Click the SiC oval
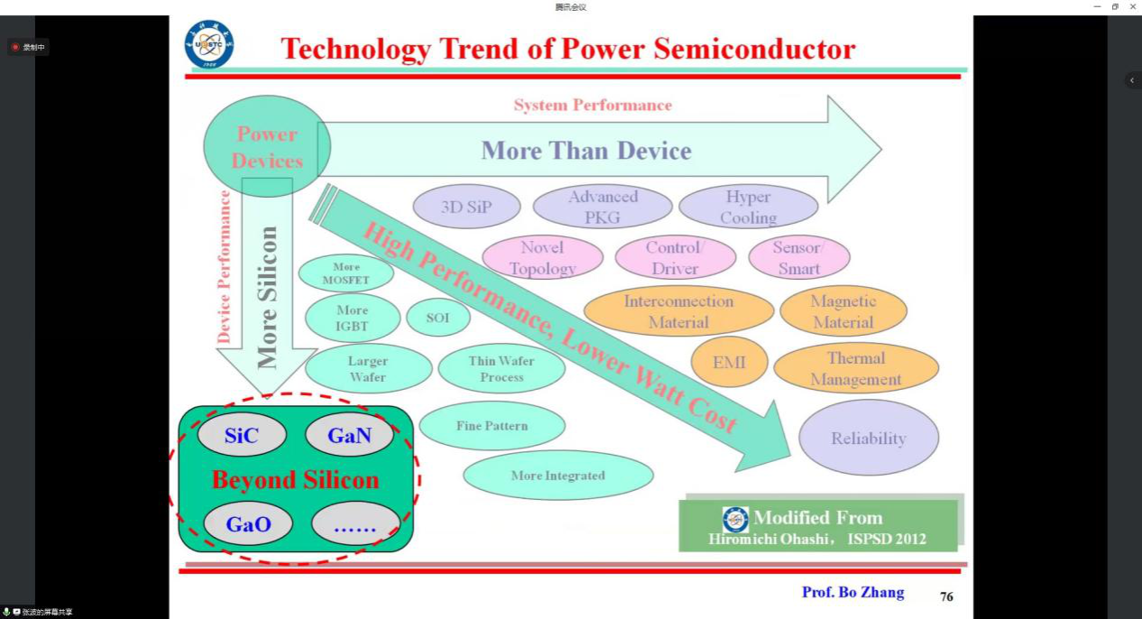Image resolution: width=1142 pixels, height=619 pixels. [242, 435]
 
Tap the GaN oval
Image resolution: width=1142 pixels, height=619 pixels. [349, 435]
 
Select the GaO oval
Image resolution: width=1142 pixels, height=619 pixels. [248, 523]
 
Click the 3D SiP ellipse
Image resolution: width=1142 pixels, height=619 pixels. [466, 207]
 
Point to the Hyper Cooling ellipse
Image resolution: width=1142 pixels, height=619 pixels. [749, 207]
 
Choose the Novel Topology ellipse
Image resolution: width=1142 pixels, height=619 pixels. [542, 257]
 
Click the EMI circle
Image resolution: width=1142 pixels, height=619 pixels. [729, 362]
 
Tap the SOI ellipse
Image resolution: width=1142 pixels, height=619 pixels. [437, 317]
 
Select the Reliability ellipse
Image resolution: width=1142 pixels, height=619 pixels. [869, 438]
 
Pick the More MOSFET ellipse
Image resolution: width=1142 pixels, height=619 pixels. [345, 273]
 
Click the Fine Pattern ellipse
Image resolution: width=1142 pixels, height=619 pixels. [492, 426]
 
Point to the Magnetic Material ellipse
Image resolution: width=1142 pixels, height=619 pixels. [843, 311]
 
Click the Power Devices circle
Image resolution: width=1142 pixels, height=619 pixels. [267, 146]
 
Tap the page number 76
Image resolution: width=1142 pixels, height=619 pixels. [947, 596]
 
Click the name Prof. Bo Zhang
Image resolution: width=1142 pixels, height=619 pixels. [853, 592]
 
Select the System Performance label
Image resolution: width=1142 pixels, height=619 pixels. [593, 105]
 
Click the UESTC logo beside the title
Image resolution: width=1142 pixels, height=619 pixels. [209, 44]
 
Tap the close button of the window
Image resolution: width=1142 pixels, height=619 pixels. [1133, 6]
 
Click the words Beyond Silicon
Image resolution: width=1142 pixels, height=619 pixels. [296, 480]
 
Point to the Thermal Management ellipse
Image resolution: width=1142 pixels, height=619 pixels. [856, 368]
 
